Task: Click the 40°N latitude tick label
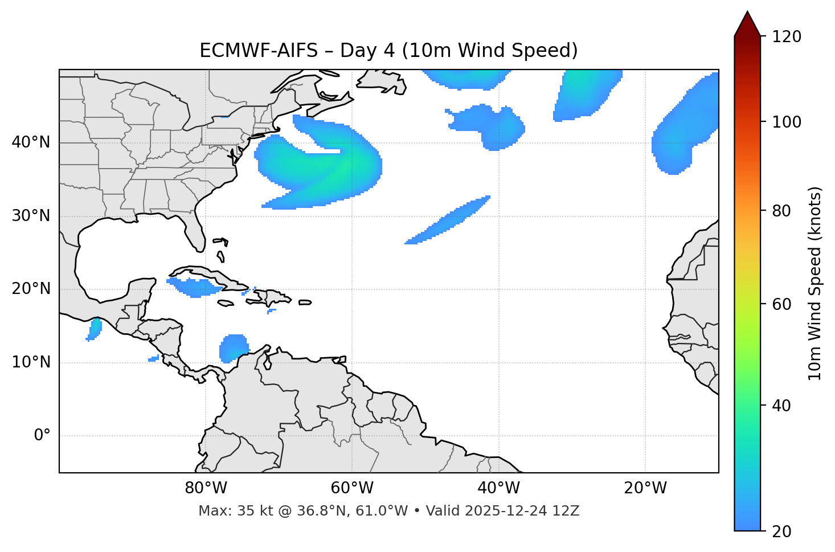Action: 31,142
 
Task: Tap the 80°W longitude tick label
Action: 206,488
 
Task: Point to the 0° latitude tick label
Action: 42,436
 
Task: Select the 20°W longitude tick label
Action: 645,488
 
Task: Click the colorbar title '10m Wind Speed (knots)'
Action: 815,284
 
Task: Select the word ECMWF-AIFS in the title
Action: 259,51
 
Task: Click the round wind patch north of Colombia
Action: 234,347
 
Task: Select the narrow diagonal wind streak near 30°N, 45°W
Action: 450,219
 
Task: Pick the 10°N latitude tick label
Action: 31,363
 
